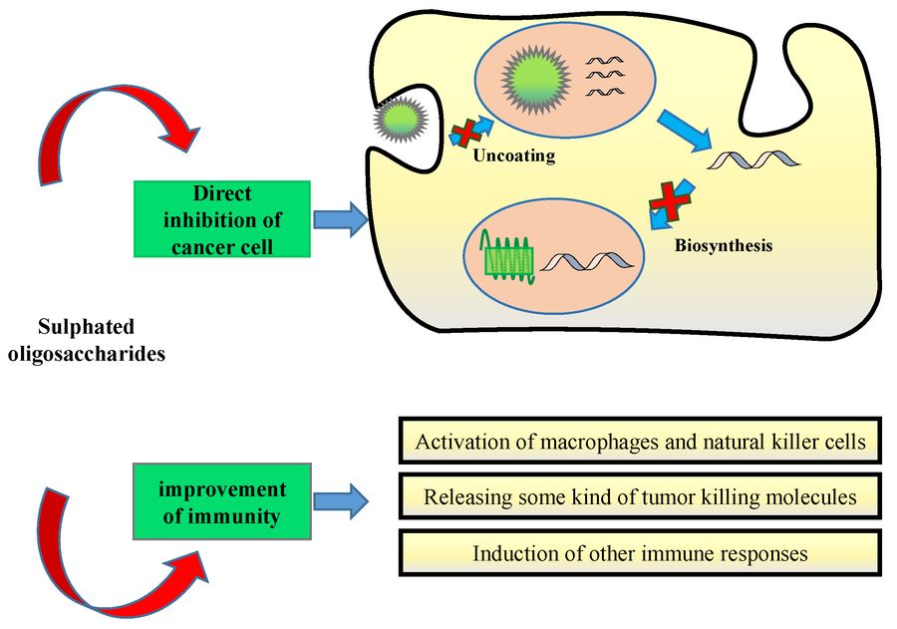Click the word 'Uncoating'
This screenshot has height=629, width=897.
tap(514, 157)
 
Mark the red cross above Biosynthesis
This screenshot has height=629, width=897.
tap(671, 205)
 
